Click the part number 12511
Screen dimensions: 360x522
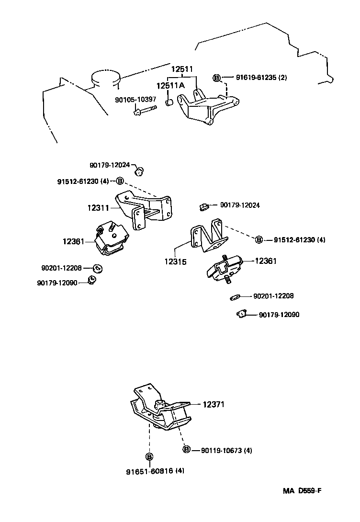[x=182, y=69]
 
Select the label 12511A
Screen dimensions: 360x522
[x=170, y=86]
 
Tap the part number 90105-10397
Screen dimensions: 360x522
[x=135, y=100]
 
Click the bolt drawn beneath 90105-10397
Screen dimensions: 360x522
[x=145, y=111]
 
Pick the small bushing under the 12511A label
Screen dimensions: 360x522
[x=169, y=102]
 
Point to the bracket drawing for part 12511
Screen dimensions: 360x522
[x=208, y=106]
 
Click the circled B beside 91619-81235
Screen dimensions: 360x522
[x=216, y=78]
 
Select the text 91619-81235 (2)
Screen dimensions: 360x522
[x=261, y=78]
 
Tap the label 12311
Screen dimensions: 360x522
[x=98, y=208]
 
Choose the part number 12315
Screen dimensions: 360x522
[x=175, y=261]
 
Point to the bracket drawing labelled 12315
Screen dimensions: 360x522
[x=209, y=235]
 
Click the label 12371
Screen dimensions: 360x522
[x=214, y=405]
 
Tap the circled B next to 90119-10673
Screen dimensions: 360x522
[x=187, y=450]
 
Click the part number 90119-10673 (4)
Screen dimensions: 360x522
[x=226, y=451]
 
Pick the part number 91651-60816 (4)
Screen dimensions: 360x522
[x=156, y=471]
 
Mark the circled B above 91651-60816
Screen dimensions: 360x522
[x=149, y=457]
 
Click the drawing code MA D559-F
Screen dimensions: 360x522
[x=302, y=490]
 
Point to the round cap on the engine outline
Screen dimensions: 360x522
[x=105, y=78]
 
